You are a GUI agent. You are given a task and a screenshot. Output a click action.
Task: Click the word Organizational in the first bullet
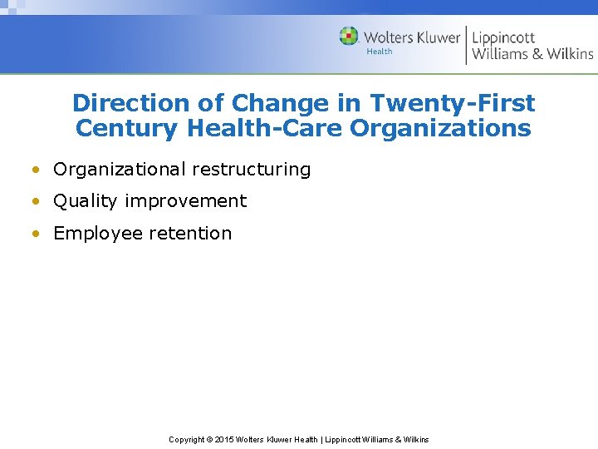[x=120, y=170]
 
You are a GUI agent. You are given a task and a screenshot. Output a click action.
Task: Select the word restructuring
[x=252, y=170]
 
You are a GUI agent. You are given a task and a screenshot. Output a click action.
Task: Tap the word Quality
[x=86, y=201]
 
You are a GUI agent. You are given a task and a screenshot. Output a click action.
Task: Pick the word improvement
[x=186, y=201]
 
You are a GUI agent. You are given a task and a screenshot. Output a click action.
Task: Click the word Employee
[x=98, y=234]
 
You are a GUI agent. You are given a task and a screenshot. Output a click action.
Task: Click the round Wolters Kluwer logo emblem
[x=349, y=37]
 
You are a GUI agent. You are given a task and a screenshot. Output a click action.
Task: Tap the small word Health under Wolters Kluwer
[x=379, y=52]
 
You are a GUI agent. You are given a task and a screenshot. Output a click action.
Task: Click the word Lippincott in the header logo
[x=503, y=37]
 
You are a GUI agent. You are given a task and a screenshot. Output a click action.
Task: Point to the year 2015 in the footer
[x=224, y=440]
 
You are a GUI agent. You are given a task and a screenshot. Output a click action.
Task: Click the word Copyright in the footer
[x=188, y=440]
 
